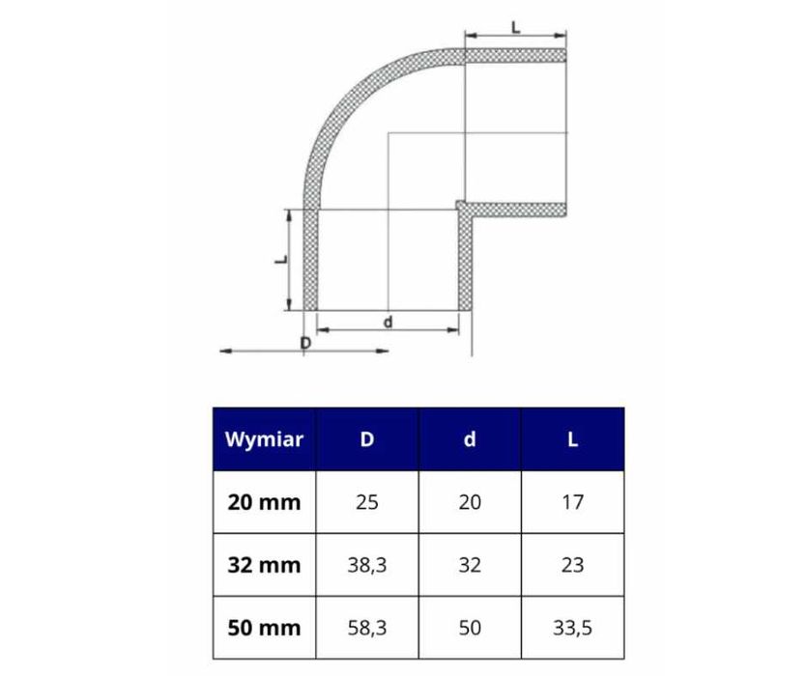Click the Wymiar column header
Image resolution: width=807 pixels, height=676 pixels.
(x=264, y=439)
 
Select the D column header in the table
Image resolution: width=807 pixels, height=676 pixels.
(x=367, y=439)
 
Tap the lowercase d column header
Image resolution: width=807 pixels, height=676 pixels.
(x=470, y=439)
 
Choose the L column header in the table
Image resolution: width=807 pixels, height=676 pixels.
(x=572, y=439)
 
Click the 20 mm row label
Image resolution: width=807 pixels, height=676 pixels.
(x=264, y=502)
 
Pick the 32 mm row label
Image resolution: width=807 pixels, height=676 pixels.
(x=264, y=565)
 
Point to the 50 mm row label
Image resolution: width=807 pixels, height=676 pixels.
(x=264, y=628)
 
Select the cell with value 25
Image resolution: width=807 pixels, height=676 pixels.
(x=367, y=502)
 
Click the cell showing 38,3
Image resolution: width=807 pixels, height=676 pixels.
(x=367, y=565)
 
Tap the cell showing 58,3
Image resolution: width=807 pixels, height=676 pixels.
(x=367, y=628)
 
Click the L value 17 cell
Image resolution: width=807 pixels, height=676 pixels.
(x=572, y=502)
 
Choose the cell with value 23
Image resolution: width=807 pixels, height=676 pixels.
(x=572, y=565)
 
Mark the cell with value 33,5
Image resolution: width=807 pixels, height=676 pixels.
(x=572, y=628)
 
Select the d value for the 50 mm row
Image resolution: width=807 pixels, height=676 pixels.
(x=470, y=628)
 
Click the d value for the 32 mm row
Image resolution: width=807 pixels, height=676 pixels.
(x=470, y=565)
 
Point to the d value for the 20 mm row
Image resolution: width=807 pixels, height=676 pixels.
(x=470, y=502)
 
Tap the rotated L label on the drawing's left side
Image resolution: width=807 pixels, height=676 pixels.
(x=277, y=260)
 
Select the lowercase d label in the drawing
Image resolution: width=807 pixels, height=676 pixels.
(x=388, y=323)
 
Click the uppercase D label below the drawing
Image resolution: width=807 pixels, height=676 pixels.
(x=305, y=343)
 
